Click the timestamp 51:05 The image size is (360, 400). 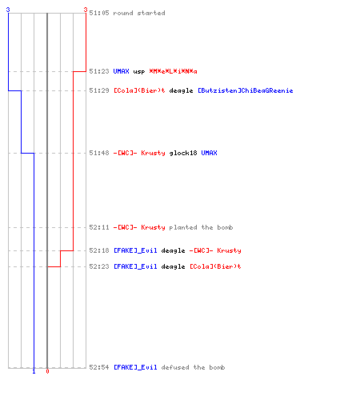[99, 13]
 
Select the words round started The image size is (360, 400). [139, 13]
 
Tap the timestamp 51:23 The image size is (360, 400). [99, 71]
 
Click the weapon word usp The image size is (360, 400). [139, 72]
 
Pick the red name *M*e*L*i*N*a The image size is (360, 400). [173, 71]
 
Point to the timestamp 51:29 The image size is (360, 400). [99, 90]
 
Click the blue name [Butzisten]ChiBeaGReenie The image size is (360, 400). [246, 90]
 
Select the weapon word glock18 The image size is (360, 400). [183, 153]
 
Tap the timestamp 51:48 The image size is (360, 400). [99, 153]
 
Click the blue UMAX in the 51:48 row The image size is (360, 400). [209, 153]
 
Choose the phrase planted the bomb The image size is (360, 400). [201, 227]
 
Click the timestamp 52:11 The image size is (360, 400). [99, 227]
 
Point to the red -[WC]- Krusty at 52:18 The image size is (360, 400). [215, 250]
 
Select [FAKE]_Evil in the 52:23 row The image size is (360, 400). [135, 266]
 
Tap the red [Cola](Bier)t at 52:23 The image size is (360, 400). [215, 266]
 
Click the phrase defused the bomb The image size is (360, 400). [193, 367]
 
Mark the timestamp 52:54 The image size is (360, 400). [99, 367]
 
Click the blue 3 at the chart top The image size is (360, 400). [8, 10]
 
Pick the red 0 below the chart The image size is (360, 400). [47, 371]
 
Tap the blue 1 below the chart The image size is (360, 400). [34, 371]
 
